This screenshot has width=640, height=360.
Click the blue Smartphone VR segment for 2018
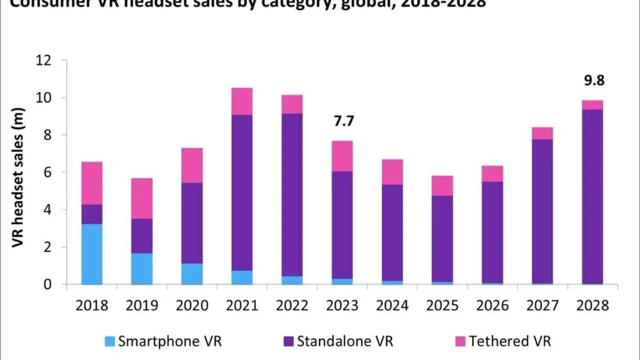91,254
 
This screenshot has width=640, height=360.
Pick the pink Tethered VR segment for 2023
342,156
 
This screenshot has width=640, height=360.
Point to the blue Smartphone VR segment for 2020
192,274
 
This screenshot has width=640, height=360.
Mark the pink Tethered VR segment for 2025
442,186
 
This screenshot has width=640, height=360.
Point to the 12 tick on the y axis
46,60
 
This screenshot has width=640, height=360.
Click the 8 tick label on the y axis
50,135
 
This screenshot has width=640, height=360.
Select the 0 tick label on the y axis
50,284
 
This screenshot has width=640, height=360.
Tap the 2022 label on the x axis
292,306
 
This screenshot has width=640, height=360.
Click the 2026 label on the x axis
492,306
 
